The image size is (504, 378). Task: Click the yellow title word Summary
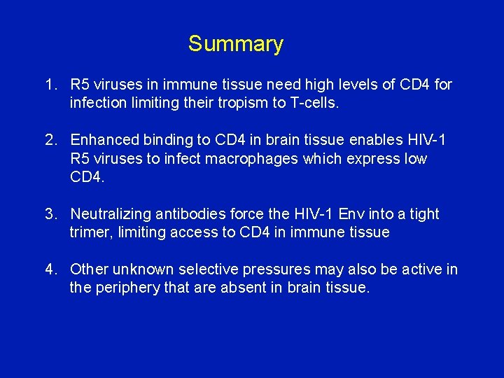[x=235, y=44]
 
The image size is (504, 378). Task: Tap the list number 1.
[x=50, y=85]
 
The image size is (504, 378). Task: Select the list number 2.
[x=50, y=141]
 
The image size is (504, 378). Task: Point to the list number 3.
[x=50, y=214]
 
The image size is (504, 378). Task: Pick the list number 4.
[x=50, y=269]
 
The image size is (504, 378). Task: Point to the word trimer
[x=90, y=232]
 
